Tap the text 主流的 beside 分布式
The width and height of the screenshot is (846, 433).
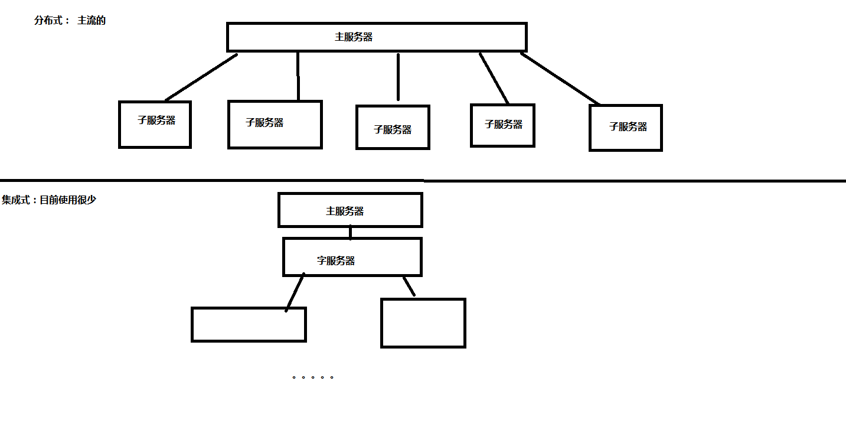point(91,21)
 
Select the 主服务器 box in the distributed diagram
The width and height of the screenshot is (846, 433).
point(377,37)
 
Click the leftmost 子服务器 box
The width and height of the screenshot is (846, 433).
point(155,124)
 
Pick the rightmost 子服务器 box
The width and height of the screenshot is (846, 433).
point(626,128)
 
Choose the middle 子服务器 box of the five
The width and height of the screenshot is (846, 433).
point(393,127)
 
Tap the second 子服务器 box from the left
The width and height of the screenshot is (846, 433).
point(275,124)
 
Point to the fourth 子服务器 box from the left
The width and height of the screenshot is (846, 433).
point(503,125)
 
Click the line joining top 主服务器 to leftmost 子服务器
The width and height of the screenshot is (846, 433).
point(201,77)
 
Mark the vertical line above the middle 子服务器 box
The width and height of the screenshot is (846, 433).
point(398,77)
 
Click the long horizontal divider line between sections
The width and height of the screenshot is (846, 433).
point(423,180)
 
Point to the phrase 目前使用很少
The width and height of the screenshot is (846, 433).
point(67,200)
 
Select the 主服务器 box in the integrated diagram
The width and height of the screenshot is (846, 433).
point(350,210)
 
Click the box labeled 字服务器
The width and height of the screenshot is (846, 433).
point(352,257)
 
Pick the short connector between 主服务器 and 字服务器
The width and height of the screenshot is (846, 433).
point(350,232)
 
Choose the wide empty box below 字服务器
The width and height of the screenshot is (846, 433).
point(249,324)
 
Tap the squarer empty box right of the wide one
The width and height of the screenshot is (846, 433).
point(423,323)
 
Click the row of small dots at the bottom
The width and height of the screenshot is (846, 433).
point(313,377)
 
